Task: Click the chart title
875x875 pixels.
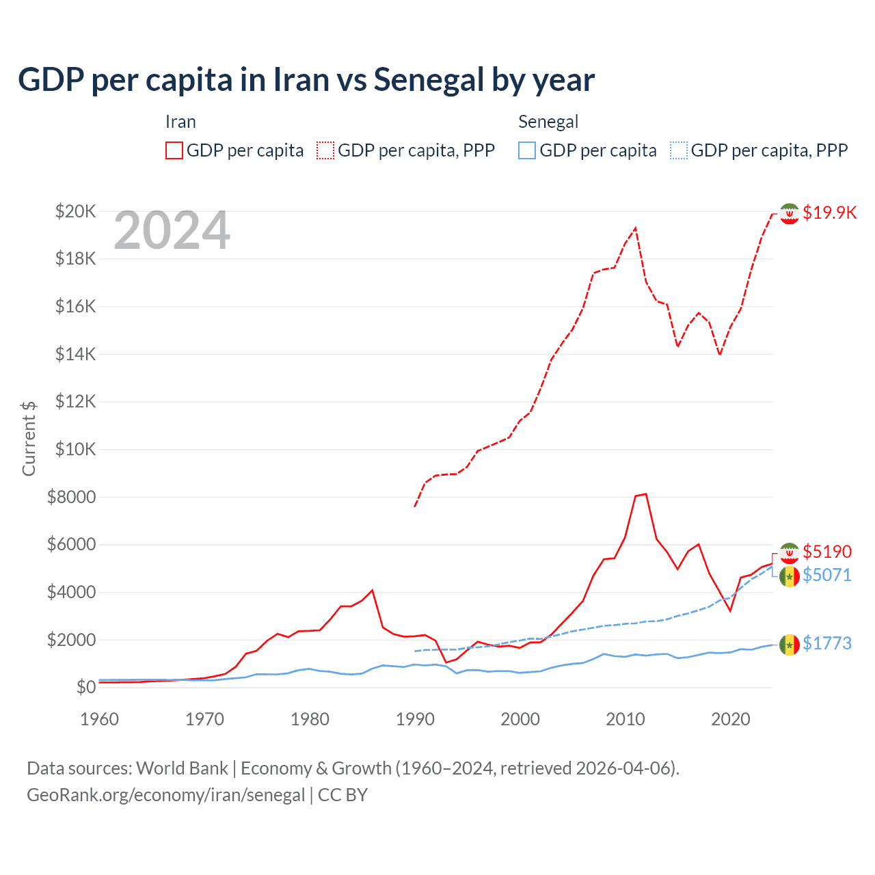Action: tap(306, 80)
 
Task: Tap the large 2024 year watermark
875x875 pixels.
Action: tap(172, 231)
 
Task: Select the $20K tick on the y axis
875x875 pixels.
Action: tap(76, 211)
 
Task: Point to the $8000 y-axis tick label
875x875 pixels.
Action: tap(72, 497)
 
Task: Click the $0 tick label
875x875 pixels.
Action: tap(86, 687)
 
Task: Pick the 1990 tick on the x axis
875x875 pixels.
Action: tap(415, 719)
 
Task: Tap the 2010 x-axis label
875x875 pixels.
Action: tap(625, 719)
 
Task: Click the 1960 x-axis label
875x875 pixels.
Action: tap(100, 719)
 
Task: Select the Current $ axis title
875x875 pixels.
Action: tap(29, 438)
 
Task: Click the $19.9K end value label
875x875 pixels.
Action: tap(829, 213)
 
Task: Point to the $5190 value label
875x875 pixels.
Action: tap(827, 552)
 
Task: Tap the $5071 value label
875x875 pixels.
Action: tap(827, 575)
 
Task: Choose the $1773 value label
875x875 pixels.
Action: tap(827, 643)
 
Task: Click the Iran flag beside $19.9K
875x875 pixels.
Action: tap(790, 213)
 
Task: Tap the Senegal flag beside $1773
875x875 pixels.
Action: tap(790, 644)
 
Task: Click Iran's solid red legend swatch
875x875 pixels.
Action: tap(174, 150)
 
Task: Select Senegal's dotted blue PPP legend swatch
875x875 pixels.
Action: tap(679, 150)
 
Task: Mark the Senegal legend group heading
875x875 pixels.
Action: tap(548, 122)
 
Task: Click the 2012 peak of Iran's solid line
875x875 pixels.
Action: tap(645, 494)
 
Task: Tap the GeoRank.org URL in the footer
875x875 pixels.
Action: tap(166, 795)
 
